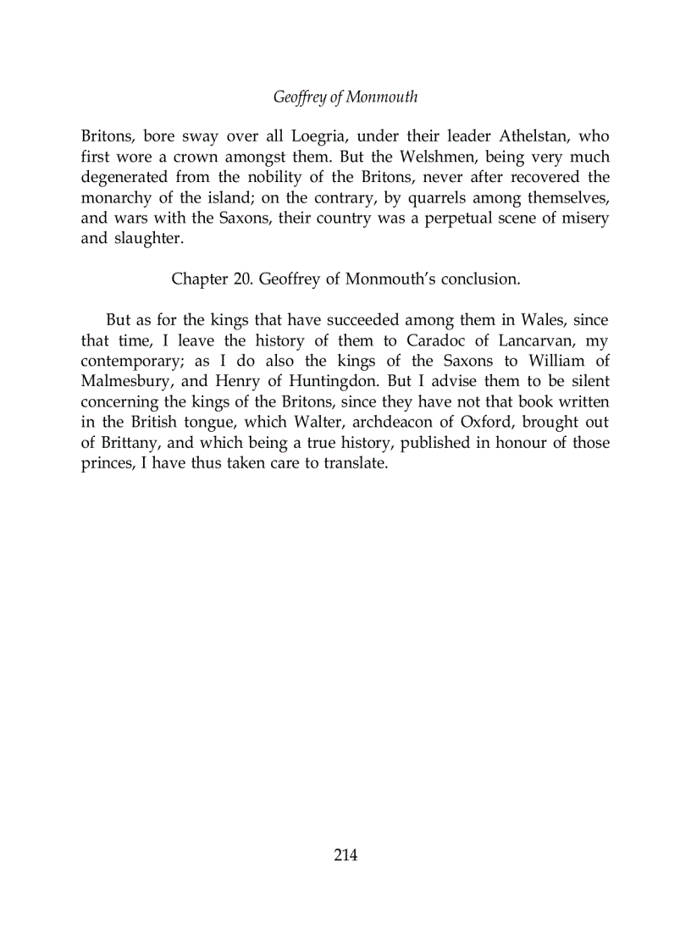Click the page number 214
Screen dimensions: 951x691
(x=345, y=855)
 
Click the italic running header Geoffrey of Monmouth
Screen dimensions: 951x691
(x=345, y=97)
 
